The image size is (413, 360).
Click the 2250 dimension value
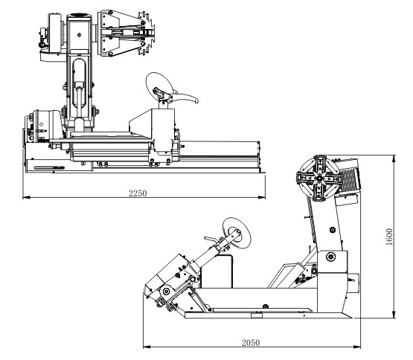(138, 193)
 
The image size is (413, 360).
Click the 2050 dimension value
(251, 343)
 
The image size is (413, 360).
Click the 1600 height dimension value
(389, 237)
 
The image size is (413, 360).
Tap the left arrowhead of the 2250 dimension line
(26, 197)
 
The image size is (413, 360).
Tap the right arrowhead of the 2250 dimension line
(261, 197)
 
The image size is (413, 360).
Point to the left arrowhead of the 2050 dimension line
(147, 347)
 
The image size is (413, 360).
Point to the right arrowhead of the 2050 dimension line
(357, 347)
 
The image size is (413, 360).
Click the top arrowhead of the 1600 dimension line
(394, 158)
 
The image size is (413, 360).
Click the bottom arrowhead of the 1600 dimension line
(394, 314)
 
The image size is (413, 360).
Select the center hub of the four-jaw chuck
(319, 179)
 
